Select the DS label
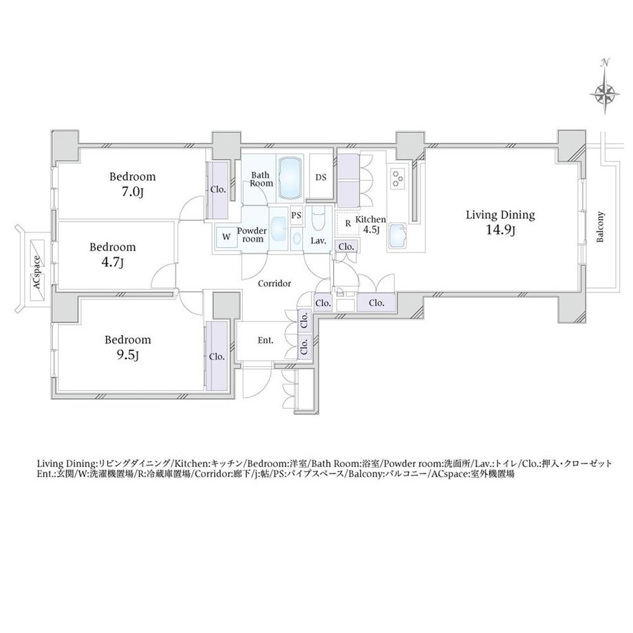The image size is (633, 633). [321, 178]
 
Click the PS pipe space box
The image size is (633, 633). [297, 215]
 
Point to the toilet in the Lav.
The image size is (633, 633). [318, 222]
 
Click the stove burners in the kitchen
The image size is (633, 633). [398, 178]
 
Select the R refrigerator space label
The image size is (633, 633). [348, 223]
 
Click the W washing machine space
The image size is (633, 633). [226, 237]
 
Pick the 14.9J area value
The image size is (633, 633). [500, 230]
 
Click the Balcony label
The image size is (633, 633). [600, 227]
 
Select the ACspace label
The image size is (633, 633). [37, 273]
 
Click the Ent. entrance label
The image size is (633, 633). [265, 341]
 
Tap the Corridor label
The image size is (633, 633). [275, 283]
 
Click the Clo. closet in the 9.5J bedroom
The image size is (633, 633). [217, 356]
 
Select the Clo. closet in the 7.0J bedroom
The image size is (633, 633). [218, 190]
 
